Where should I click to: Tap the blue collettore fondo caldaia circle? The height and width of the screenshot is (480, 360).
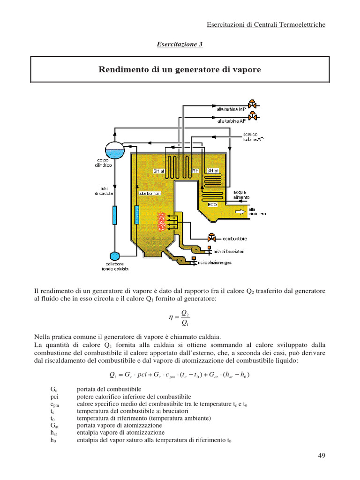click(x=114, y=256)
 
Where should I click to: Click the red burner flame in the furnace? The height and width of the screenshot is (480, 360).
click(x=162, y=221)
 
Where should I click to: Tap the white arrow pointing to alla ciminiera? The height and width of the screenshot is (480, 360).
click(x=240, y=211)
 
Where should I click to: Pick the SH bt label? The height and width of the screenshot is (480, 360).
click(x=214, y=171)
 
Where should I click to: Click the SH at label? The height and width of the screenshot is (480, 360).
click(x=159, y=171)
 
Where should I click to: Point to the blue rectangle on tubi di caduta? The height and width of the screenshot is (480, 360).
click(x=114, y=215)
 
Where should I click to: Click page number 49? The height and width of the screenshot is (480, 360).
click(x=321, y=455)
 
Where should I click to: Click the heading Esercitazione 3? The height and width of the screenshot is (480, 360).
click(x=180, y=44)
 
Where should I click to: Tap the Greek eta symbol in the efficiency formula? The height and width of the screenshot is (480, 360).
click(x=171, y=317)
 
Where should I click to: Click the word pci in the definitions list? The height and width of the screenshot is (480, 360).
click(x=54, y=396)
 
